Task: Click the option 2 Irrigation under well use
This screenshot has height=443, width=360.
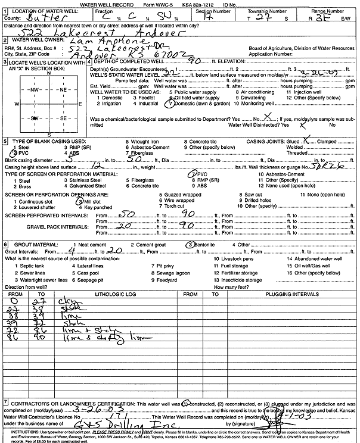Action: click(x=110, y=103)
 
